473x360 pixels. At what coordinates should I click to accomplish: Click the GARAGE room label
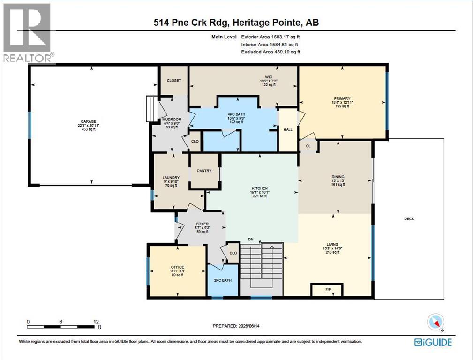[88, 121]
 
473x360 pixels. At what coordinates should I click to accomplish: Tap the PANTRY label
[204, 171]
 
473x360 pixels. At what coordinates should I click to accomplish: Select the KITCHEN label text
[259, 188]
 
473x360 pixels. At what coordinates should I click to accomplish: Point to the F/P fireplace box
[327, 290]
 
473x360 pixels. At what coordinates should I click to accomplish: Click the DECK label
[409, 219]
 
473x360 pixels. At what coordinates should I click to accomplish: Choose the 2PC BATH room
[223, 280]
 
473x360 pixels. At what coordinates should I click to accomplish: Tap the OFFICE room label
[177, 267]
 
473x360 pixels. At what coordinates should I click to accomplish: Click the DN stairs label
[251, 239]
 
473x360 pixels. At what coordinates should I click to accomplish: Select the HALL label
[288, 130]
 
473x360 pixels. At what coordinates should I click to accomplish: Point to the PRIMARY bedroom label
[342, 98]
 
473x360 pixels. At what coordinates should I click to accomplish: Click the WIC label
[269, 77]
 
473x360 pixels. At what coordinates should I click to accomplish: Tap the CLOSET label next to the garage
[174, 81]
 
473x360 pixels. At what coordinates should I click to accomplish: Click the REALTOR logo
[28, 33]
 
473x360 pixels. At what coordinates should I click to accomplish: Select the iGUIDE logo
[433, 342]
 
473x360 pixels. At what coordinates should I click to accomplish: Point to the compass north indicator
[436, 322]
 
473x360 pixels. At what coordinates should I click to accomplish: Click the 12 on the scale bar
[96, 322]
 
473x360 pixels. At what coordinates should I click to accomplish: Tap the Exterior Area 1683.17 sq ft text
[270, 37]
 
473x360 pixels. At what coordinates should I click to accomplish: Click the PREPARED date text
[236, 326]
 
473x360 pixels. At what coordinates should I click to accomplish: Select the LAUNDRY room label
[171, 178]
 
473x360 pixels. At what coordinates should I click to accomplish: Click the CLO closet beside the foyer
[233, 253]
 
